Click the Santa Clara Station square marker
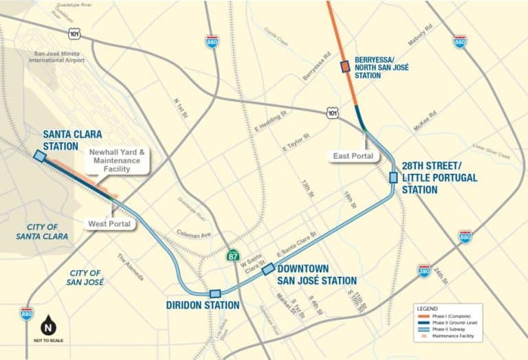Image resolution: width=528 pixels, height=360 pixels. (x=40, y=157)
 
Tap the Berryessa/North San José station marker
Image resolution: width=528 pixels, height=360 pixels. (x=345, y=67)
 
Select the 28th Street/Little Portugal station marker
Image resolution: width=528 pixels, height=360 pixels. (x=393, y=177)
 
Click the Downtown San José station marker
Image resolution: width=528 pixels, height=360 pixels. (x=268, y=269)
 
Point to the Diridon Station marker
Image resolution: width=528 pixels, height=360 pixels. (x=215, y=293)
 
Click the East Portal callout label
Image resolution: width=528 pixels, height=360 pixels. (x=353, y=156)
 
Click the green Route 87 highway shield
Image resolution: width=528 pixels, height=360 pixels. (x=234, y=256)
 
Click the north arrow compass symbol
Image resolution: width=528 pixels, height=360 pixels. (x=49, y=325)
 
